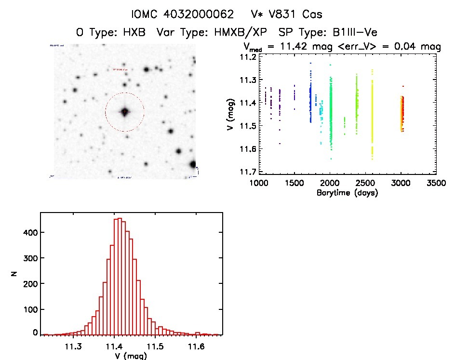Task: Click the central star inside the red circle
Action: click(x=124, y=112)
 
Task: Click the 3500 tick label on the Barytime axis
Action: click(x=436, y=184)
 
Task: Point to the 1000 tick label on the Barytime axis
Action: click(x=258, y=184)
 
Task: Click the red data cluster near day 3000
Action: click(x=401, y=113)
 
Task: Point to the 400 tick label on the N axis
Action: click(x=29, y=232)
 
